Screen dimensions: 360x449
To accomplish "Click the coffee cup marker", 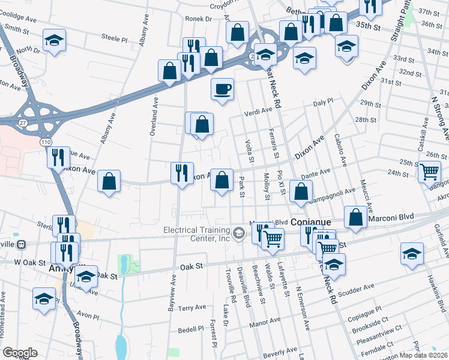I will (x=222, y=89).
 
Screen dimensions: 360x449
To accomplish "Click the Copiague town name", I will (x=315, y=222).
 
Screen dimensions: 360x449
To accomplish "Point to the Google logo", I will (x=20, y=353).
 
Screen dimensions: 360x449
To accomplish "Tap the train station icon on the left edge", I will (x=22, y=245).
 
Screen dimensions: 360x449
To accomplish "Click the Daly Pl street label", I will (x=323, y=103).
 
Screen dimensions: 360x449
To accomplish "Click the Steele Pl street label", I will (x=115, y=37).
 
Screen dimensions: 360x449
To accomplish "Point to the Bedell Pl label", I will (x=191, y=329).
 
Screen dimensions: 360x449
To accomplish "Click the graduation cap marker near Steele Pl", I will (x=55, y=40).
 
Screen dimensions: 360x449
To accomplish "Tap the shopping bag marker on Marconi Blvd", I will (x=355, y=217).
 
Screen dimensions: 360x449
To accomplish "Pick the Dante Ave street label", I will (x=316, y=173).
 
